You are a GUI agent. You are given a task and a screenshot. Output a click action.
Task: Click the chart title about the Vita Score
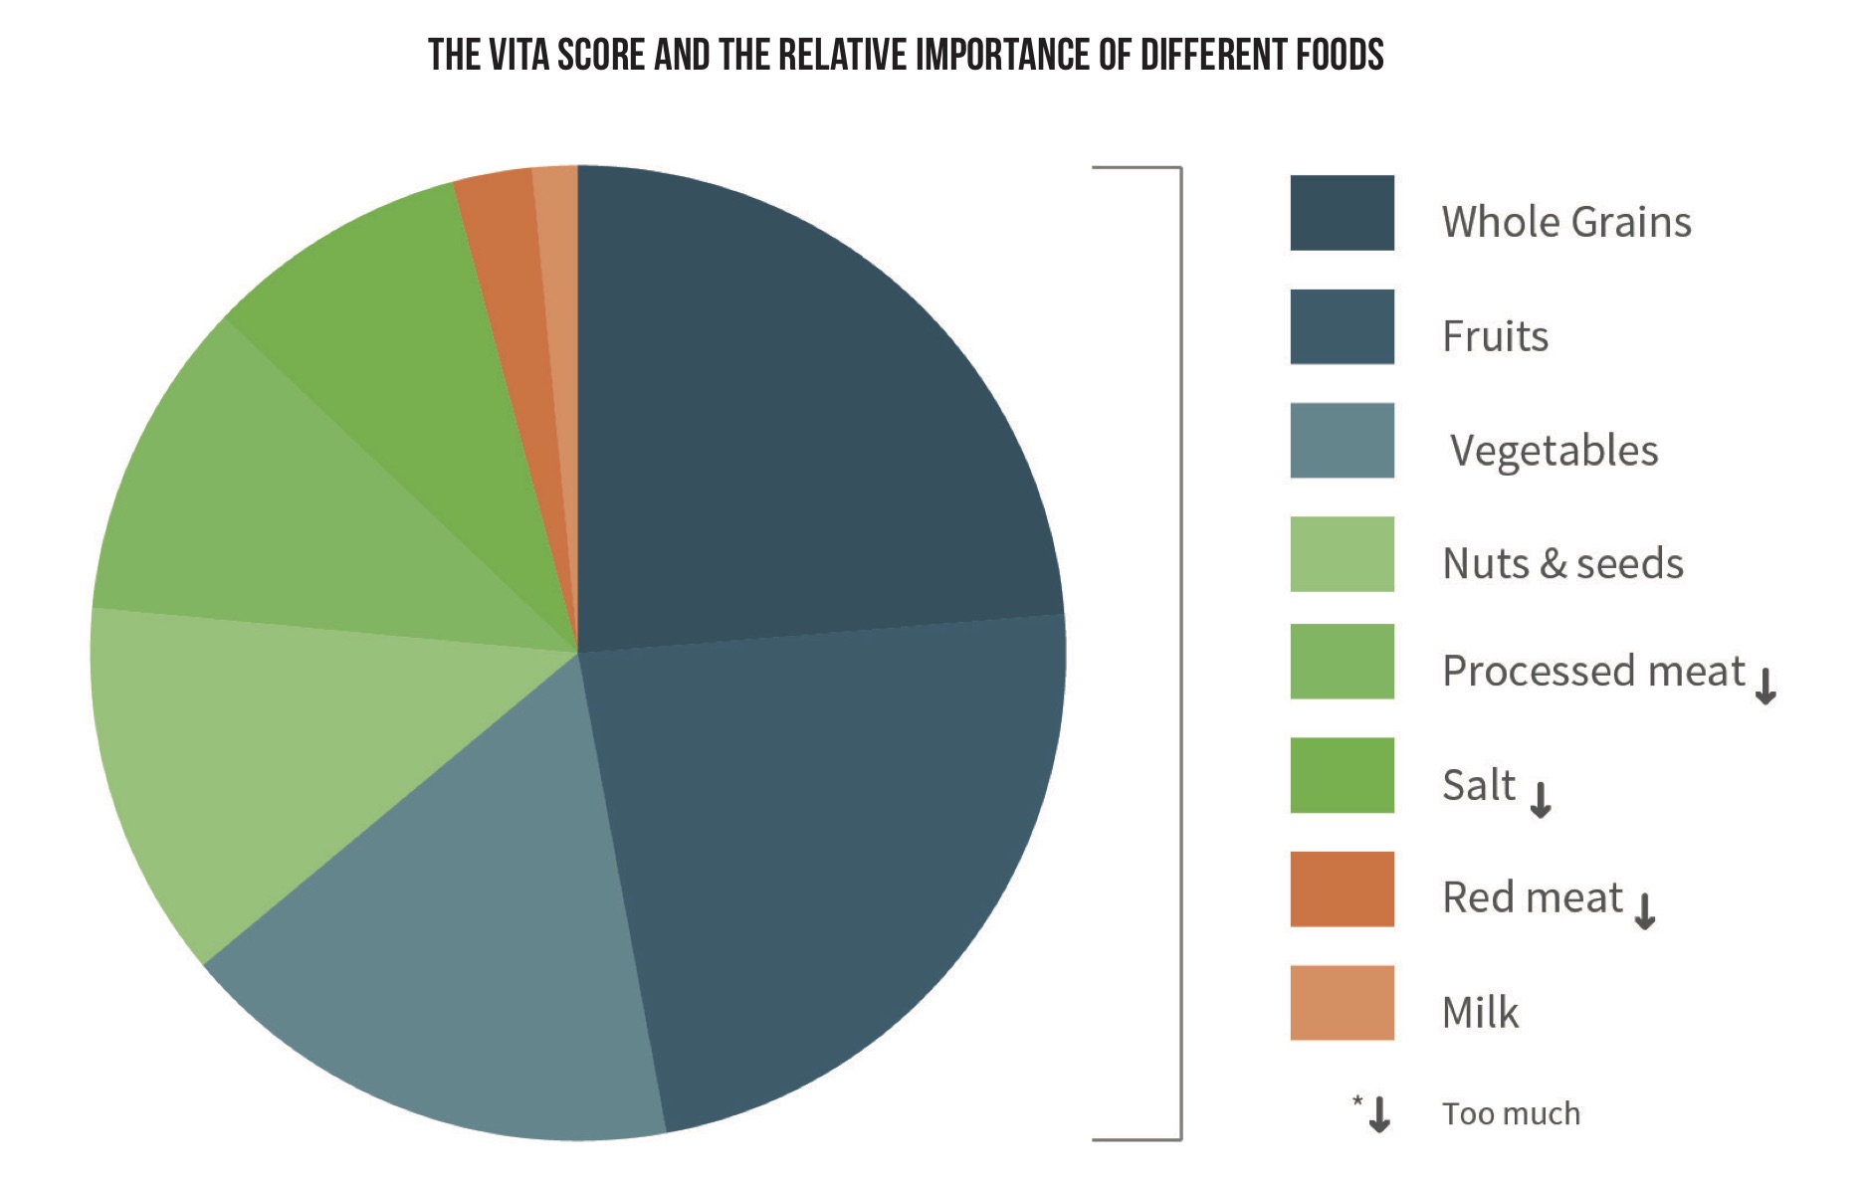point(906,55)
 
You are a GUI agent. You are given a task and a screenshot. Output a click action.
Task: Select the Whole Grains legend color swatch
point(1342,213)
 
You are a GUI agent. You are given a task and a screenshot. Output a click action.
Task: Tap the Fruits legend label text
point(1495,336)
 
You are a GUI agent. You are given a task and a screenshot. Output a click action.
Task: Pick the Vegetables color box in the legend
point(1342,441)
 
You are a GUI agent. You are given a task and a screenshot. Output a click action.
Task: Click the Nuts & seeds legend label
point(1562,563)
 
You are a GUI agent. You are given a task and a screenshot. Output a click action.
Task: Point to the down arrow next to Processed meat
point(1765,686)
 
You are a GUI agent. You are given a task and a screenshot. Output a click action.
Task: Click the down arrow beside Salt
point(1541,799)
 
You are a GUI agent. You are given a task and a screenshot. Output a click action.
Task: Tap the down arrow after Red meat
point(1645,910)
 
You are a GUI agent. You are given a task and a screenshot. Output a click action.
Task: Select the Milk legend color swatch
point(1342,1003)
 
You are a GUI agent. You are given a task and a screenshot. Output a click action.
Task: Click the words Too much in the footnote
point(1511,1113)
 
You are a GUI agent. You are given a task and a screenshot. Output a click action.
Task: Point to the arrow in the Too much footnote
point(1379,1114)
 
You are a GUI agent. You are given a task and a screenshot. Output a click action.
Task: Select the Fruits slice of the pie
point(836,856)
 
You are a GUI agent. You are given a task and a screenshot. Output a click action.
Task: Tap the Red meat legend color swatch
point(1342,888)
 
